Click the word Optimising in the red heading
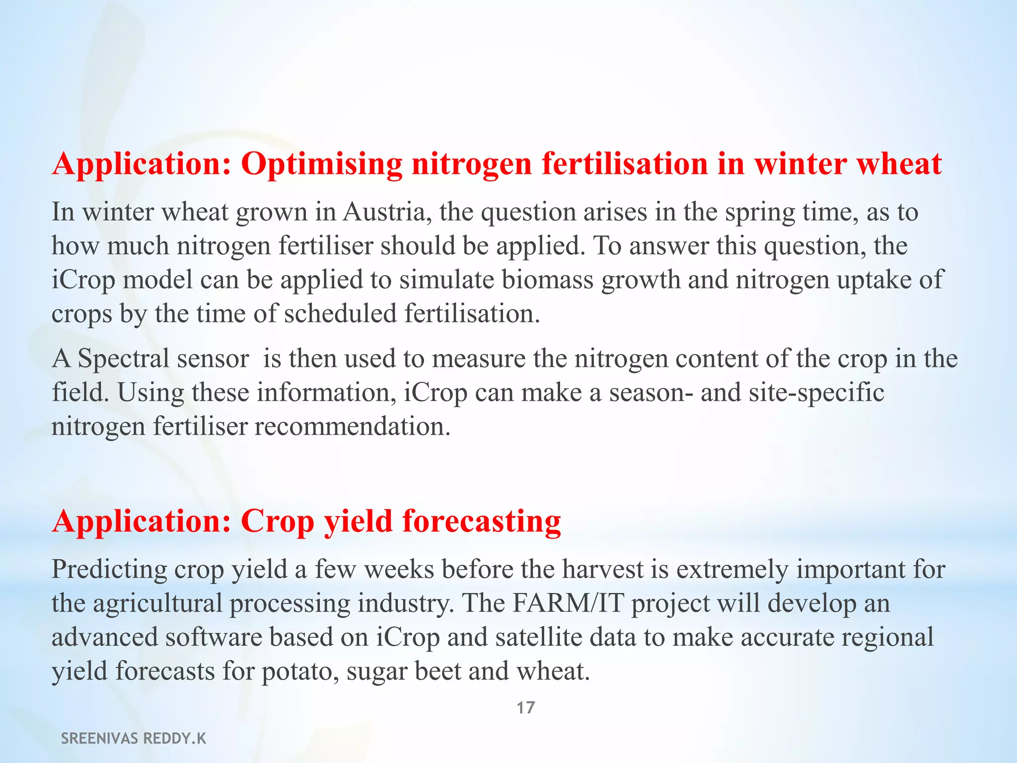[322, 164]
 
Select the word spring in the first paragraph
[760, 212]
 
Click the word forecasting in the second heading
[482, 522]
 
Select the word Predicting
[110, 569]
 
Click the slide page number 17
[526, 707]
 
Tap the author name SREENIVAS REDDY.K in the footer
[134, 739]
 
